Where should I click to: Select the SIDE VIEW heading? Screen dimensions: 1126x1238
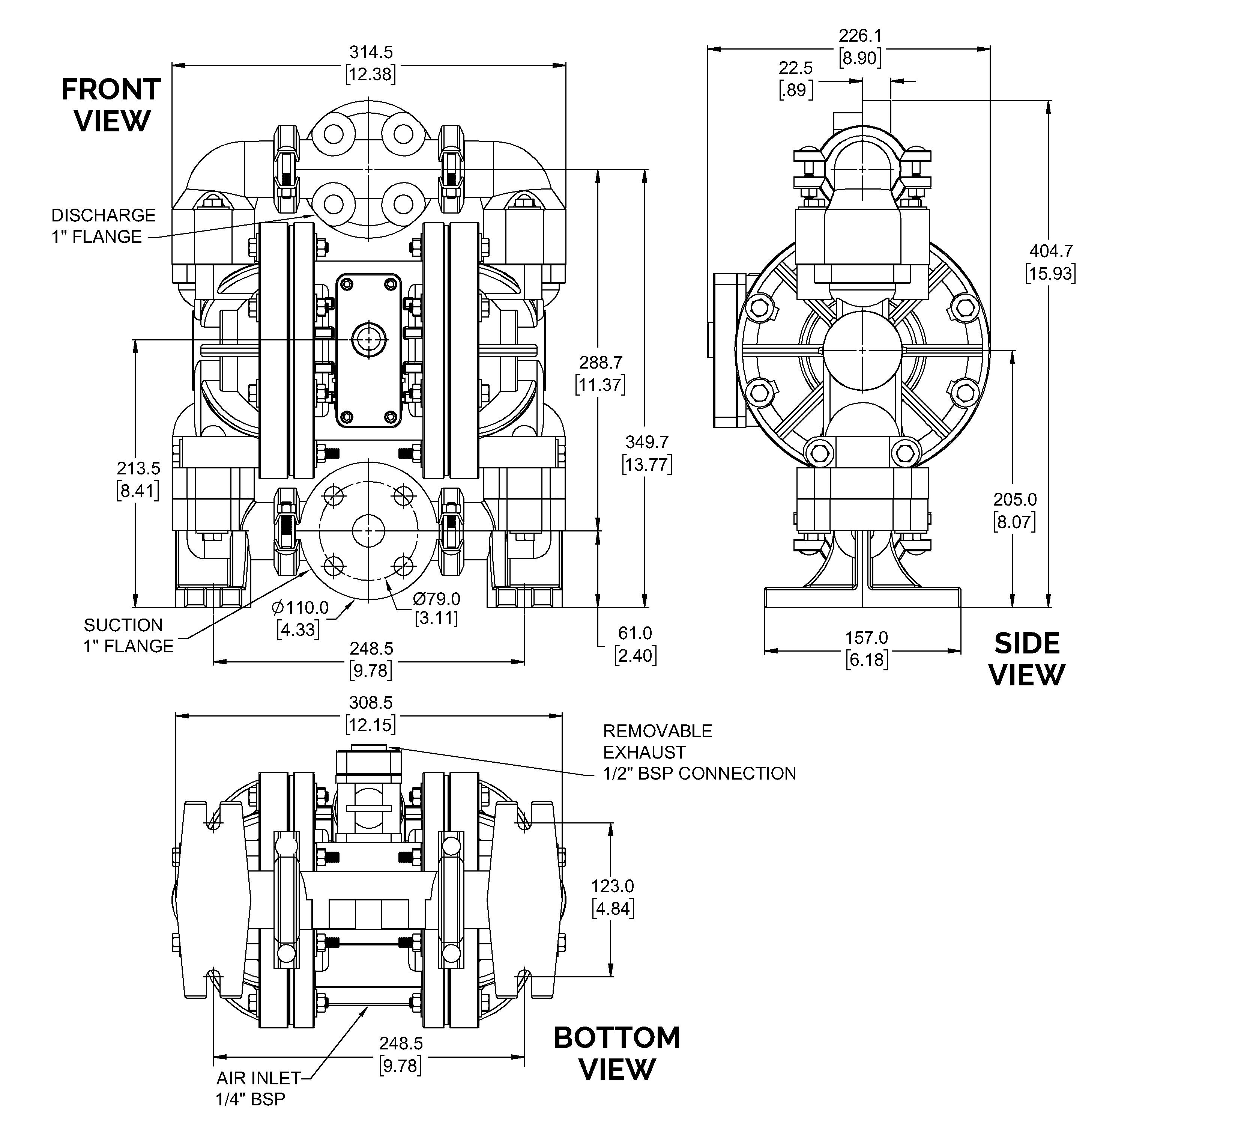pyautogui.click(x=1027, y=659)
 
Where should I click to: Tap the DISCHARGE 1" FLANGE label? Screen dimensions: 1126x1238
pyautogui.click(x=103, y=226)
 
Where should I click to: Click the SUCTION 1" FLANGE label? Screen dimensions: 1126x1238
pyautogui.click(x=129, y=635)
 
